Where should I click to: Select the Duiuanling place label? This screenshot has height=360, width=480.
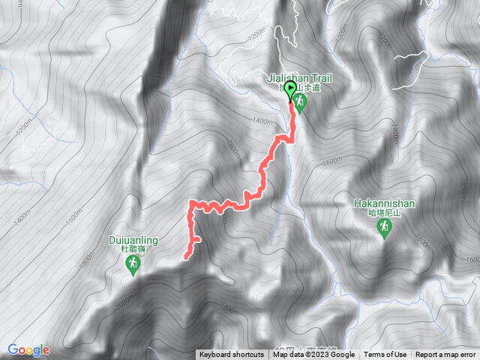[133, 240]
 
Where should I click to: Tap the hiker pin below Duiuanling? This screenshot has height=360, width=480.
[133, 265]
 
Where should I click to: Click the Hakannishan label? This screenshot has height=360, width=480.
[383, 202]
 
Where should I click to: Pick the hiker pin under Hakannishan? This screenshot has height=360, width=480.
[384, 228]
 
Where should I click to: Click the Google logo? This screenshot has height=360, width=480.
[28, 349]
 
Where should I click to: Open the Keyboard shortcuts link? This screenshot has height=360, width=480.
[232, 355]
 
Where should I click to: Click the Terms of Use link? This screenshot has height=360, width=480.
[385, 355]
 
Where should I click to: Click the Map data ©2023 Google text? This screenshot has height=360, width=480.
[313, 355]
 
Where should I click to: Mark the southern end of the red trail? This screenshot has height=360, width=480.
[185, 258]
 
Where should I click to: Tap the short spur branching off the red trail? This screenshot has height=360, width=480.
[197, 240]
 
